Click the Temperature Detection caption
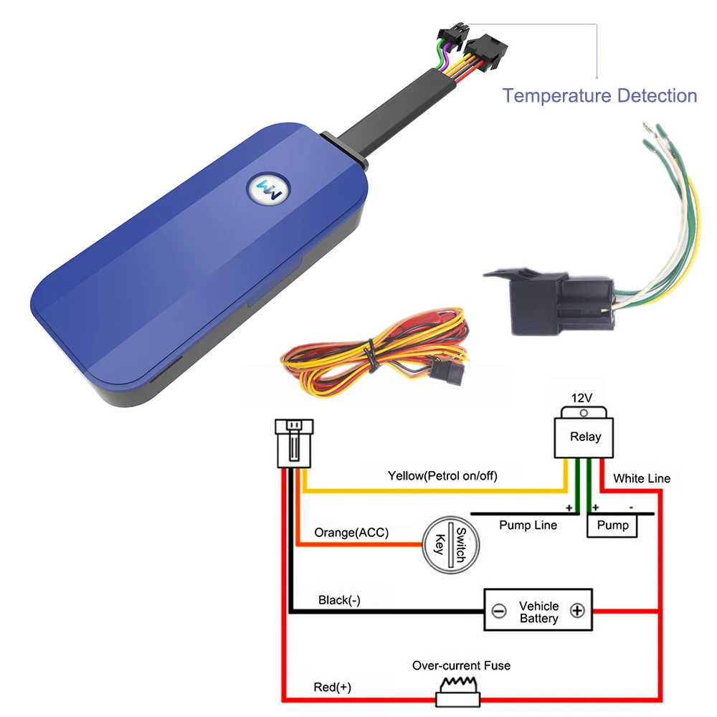click(x=599, y=95)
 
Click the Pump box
click(x=612, y=526)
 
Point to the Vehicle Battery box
click(x=538, y=611)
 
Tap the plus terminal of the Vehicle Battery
click(x=577, y=611)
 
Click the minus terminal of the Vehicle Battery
click(x=499, y=612)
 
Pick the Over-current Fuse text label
click(x=461, y=665)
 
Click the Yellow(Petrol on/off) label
click(x=442, y=475)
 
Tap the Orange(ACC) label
click(x=351, y=533)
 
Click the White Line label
click(x=642, y=478)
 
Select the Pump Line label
click(x=528, y=526)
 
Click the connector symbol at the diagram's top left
click(x=293, y=442)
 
